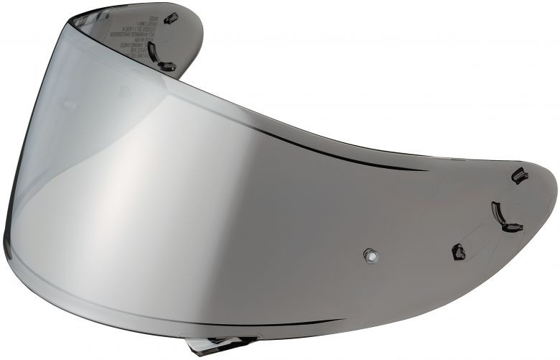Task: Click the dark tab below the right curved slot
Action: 511,229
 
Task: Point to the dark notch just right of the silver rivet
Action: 458,251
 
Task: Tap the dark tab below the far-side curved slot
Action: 167,67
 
